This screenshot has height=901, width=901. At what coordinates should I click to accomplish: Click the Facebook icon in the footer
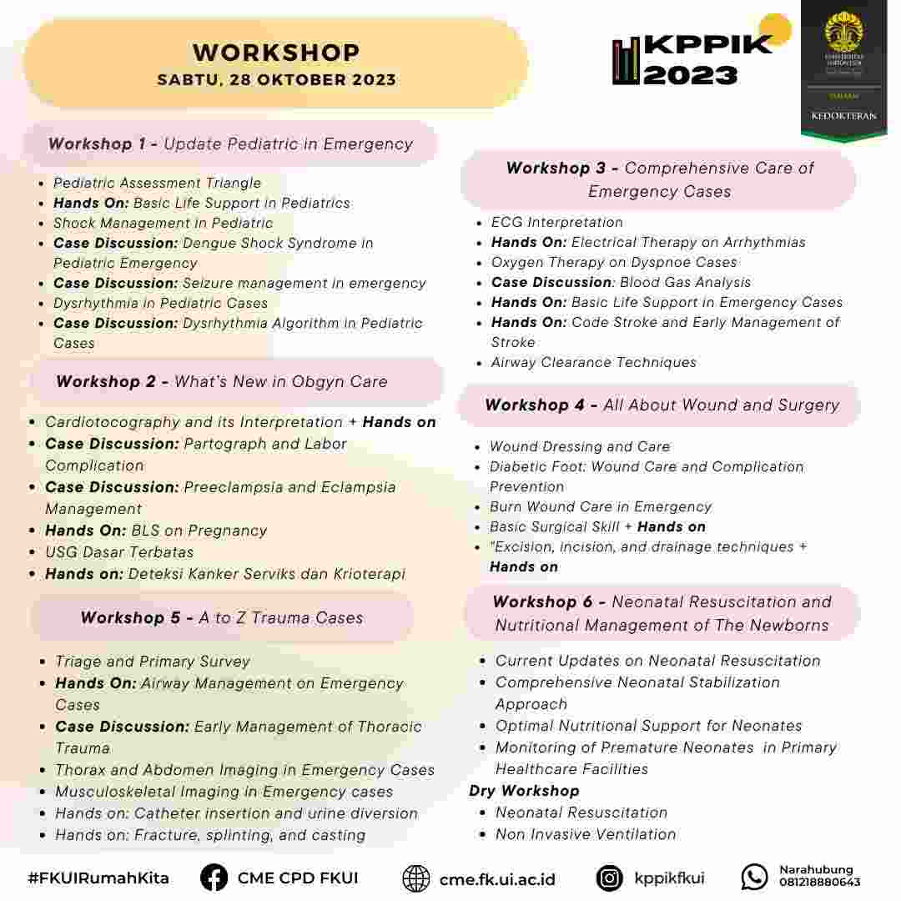(214, 878)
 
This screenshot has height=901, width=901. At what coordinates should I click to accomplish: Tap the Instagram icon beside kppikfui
(610, 878)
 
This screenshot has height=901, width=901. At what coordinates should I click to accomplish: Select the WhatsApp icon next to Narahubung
(754, 877)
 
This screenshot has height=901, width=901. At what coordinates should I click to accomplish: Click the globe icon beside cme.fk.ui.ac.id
(416, 878)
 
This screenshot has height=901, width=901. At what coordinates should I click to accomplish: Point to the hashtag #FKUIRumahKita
(98, 878)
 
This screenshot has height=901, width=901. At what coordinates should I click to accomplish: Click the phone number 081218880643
(819, 883)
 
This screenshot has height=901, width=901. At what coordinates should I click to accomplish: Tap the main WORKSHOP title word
(276, 53)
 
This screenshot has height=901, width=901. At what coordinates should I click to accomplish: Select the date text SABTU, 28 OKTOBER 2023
(276, 81)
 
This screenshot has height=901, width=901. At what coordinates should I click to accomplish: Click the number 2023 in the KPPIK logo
(691, 75)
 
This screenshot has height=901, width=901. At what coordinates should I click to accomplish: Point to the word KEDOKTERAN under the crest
(843, 116)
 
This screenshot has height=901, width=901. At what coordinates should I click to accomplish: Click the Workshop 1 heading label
(230, 143)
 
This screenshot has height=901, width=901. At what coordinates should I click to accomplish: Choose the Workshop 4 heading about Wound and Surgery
(662, 405)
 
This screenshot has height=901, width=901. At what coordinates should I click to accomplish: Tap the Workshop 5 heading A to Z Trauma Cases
(222, 618)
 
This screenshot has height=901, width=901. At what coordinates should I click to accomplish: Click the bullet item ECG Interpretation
(557, 223)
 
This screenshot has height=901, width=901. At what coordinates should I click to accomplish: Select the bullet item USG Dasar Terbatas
(119, 552)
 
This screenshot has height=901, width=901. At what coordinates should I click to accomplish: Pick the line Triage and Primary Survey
(153, 662)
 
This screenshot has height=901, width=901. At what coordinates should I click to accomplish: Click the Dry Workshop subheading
(524, 791)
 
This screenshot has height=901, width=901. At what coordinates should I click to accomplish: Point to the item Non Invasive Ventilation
(586, 834)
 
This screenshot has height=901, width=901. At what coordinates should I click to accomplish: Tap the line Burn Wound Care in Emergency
(601, 507)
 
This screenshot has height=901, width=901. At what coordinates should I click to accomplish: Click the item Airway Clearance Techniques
(594, 363)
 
